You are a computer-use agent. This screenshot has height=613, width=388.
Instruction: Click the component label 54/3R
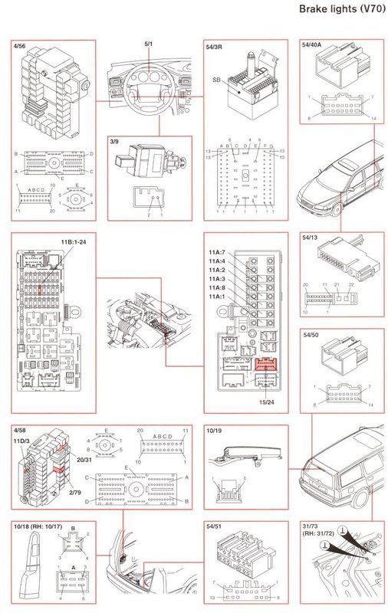click(217, 47)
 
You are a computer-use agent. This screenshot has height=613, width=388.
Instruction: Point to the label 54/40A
click(313, 47)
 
